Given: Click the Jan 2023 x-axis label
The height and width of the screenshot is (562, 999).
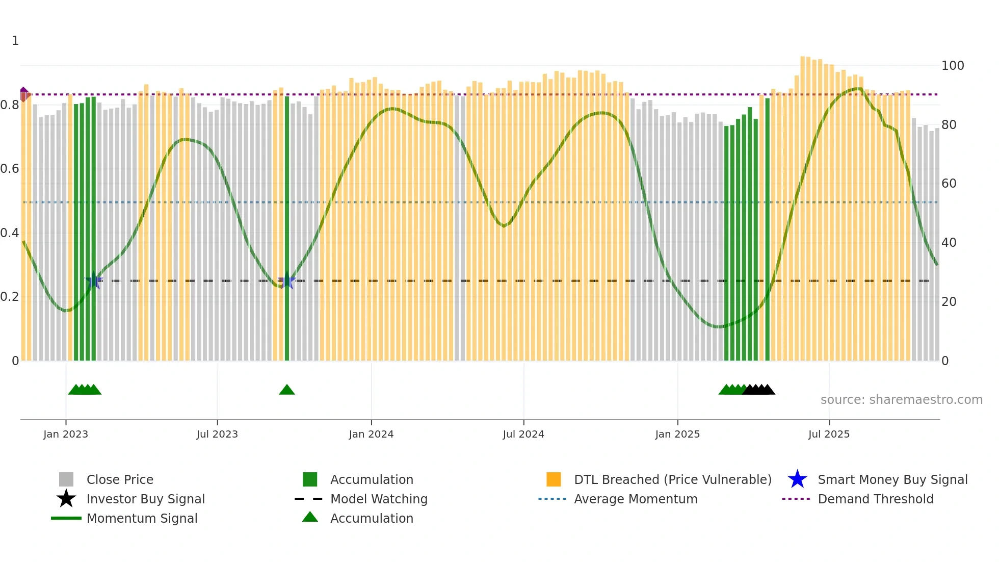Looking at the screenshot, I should tap(65, 434).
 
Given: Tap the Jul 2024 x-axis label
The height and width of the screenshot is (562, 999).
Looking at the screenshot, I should tap(523, 434).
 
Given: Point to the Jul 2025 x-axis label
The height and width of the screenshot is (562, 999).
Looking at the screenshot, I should tap(829, 434).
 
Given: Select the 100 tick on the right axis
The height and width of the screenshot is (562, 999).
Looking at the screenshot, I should tap(953, 65).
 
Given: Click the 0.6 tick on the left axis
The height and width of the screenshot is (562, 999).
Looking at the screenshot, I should tap(10, 169).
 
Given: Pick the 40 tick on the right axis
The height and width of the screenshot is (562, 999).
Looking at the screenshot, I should tap(949, 242).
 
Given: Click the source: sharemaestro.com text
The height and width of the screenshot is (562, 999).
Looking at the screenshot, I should tap(901, 399).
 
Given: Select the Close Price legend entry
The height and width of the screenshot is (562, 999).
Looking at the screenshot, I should tap(119, 479).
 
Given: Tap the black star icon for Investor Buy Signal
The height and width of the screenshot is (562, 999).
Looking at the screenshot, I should tap(66, 499).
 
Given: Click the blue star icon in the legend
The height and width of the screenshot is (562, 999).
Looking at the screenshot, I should tap(797, 479).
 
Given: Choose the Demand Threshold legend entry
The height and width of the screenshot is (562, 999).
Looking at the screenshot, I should tap(875, 499).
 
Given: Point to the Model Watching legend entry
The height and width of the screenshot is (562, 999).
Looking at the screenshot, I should tap(378, 499).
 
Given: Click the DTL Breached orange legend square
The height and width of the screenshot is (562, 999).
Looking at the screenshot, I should tap(554, 479).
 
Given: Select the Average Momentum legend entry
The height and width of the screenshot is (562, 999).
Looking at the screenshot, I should tap(635, 499).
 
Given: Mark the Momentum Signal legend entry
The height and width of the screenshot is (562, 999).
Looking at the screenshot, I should tap(142, 518).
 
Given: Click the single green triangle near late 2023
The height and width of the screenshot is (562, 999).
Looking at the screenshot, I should tap(287, 390).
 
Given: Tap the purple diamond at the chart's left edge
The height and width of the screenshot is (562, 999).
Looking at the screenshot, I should tap(23, 90).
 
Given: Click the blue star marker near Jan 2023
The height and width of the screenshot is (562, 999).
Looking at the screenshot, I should tap(94, 280).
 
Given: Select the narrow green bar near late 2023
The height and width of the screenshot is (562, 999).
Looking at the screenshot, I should tap(287, 229).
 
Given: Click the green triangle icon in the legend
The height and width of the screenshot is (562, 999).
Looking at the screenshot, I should tap(310, 517).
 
